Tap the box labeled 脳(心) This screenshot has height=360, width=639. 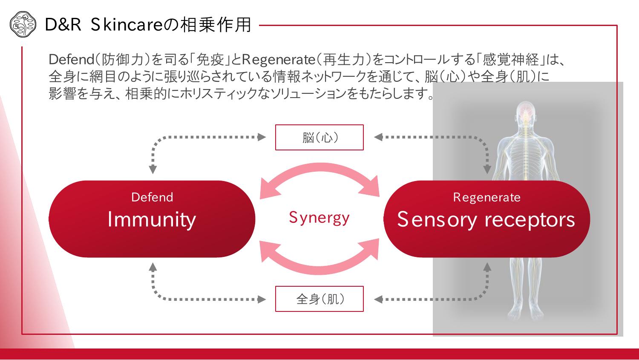[319, 137]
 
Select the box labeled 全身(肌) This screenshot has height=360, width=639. [319, 299]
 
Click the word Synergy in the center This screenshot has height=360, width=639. [319, 218]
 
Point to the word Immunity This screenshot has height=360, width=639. [152, 220]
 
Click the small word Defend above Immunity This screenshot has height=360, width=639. [152, 197]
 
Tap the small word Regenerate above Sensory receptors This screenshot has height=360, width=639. [486, 197]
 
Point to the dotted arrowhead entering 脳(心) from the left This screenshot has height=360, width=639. [262, 137]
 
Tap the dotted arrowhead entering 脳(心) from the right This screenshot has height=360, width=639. [378, 137]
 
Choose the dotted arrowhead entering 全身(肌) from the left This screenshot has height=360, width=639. [262, 299]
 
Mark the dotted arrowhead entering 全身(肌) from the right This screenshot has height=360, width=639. [378, 299]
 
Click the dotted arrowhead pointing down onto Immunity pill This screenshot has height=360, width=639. [153, 169]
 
